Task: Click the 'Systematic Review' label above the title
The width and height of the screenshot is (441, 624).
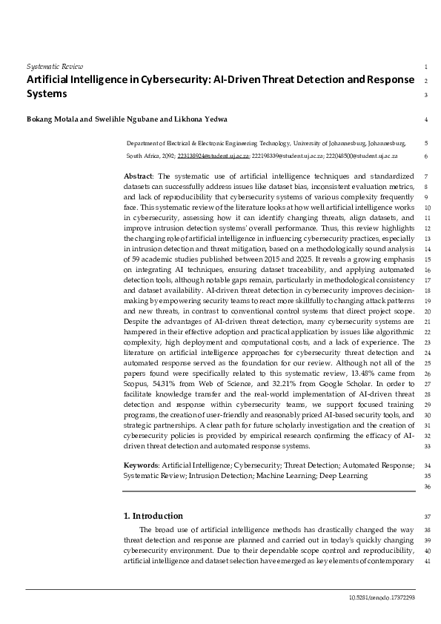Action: click(55, 67)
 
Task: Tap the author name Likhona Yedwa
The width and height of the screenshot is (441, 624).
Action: click(202, 119)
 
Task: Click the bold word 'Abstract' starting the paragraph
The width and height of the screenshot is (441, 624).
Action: click(138, 176)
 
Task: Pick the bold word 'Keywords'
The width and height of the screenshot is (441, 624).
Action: click(140, 465)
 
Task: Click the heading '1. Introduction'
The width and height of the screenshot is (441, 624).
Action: click(153, 516)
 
